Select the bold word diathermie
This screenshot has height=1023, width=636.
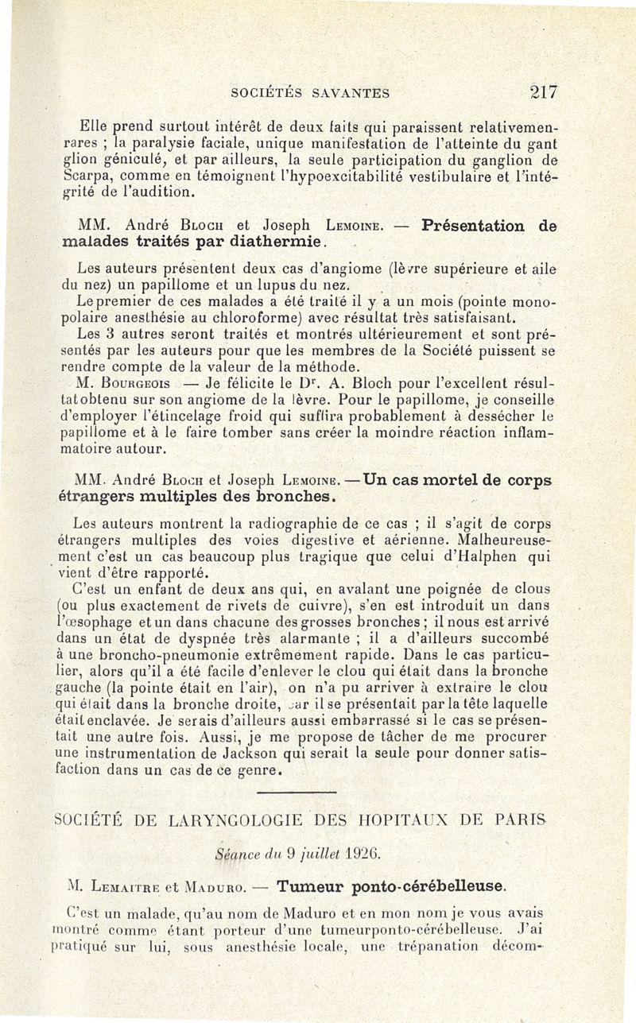[270, 240]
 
